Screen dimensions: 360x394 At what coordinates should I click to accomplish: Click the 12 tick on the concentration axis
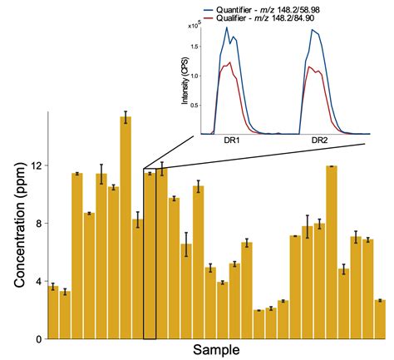(x=35, y=166)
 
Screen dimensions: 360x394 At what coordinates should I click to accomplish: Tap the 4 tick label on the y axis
(x=37, y=282)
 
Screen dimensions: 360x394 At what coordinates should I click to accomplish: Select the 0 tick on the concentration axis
(x=37, y=339)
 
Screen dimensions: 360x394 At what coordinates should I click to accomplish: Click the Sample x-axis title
(x=217, y=349)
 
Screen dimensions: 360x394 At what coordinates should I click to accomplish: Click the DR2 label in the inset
(x=319, y=141)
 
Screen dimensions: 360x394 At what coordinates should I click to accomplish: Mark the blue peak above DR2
(x=316, y=31)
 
